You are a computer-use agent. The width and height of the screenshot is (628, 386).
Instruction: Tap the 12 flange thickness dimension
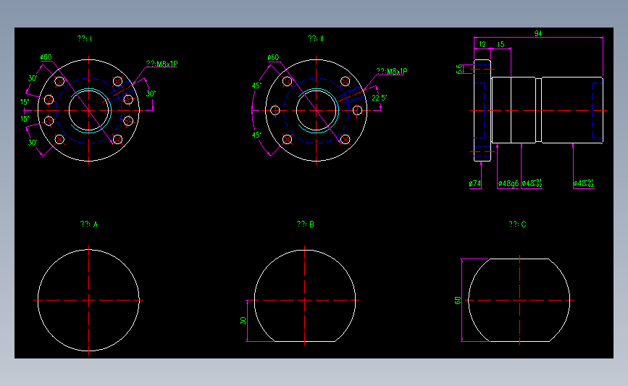482,44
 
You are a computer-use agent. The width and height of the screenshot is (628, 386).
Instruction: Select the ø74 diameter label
475,184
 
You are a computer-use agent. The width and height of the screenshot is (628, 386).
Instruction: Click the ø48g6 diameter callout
507,184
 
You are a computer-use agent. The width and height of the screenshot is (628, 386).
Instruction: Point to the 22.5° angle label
379,97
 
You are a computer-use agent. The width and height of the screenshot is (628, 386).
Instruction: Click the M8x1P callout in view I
162,64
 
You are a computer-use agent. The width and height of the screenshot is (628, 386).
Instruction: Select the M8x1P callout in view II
391,72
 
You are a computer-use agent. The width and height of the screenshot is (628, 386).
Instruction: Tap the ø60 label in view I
46,56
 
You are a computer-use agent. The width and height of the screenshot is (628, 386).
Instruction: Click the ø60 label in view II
273,57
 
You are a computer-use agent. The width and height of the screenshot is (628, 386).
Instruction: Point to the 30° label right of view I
151,93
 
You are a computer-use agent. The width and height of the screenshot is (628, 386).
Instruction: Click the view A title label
89,225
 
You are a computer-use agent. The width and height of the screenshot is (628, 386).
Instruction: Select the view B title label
305,225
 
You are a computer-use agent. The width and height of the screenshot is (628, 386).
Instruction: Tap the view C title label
517,225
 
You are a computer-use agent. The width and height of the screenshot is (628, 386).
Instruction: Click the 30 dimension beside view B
243,320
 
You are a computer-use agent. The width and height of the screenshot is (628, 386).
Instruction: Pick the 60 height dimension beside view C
457,300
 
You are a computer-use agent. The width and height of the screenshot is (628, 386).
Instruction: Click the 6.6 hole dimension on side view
459,69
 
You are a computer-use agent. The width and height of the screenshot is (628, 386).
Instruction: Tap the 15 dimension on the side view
501,44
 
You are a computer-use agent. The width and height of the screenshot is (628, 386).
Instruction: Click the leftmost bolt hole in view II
275,110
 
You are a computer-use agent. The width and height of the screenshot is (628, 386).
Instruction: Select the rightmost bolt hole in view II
357,110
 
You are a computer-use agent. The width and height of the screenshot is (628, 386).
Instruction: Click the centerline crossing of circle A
88,300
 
